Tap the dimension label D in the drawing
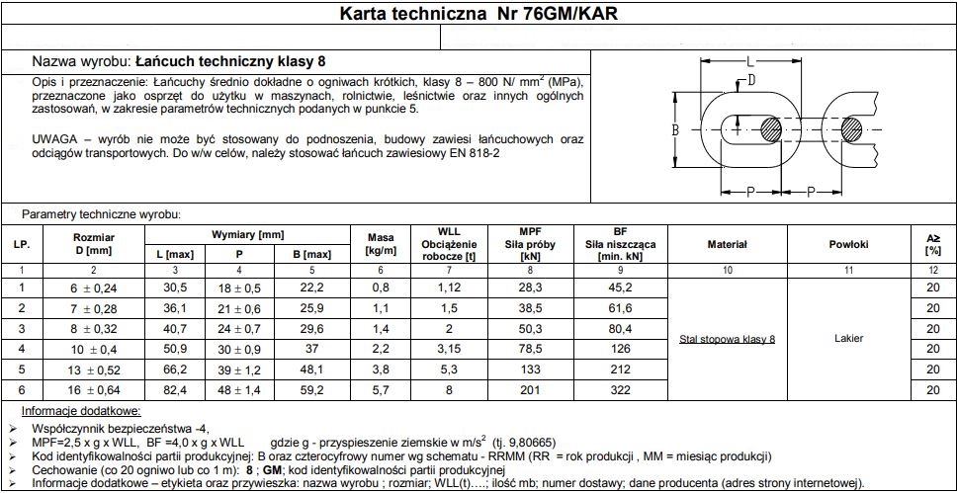coord(751,79)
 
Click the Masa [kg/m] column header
coord(381,245)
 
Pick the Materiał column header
coord(728,245)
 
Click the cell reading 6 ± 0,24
coord(94,287)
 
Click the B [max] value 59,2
coord(311,392)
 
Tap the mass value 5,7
coord(381,392)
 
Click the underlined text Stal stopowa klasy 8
coord(728,339)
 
